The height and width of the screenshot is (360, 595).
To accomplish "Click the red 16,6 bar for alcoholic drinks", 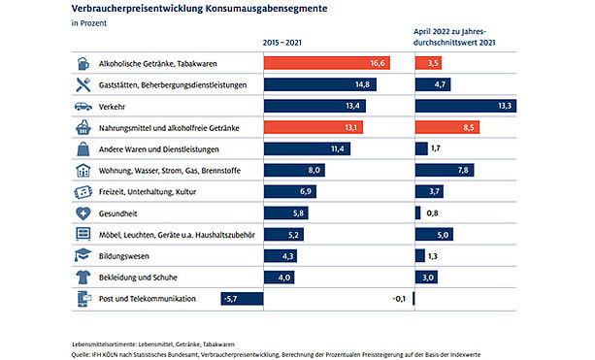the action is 327,63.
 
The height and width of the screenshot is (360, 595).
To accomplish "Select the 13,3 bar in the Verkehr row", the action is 466,106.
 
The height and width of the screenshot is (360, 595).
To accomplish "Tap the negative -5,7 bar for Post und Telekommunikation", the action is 242,299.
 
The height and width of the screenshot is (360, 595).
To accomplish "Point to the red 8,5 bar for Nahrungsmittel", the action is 447,127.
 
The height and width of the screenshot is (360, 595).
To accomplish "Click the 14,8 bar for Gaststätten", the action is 320,84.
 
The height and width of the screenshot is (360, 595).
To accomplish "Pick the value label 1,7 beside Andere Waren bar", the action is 436,148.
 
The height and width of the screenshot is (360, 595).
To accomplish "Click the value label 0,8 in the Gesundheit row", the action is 432,213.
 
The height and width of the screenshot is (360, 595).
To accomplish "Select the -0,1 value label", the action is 399,299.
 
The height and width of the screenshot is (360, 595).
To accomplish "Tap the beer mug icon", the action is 83,63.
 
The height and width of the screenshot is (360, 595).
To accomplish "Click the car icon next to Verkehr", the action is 83,107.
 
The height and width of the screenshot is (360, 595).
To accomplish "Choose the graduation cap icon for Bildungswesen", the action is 83,255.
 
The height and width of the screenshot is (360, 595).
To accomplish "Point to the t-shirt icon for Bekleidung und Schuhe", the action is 83,278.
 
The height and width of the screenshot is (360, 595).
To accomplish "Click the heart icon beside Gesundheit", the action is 83,213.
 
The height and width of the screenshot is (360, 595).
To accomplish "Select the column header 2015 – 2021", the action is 281,43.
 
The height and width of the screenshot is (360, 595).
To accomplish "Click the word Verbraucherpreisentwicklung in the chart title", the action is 137,9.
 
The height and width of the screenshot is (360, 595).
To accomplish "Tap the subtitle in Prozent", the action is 89,23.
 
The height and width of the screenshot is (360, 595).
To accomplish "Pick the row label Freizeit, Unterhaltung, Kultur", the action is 148,192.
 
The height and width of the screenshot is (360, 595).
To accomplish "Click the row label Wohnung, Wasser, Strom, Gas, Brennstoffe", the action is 170,171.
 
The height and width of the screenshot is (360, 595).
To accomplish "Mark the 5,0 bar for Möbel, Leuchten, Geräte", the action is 434,235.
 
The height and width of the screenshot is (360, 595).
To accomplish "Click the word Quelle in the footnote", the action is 81,355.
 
